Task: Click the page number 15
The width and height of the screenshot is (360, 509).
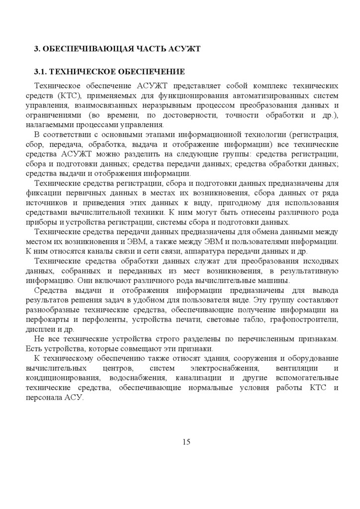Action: pyautogui.click(x=186, y=442)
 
